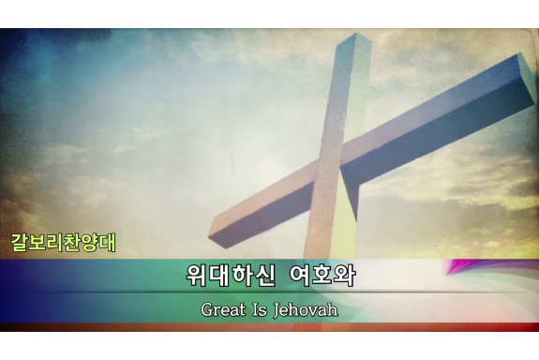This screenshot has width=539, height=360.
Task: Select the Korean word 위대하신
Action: (x=223, y=277)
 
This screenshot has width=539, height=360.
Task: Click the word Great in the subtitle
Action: (x=221, y=308)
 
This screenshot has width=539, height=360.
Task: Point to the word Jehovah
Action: (x=304, y=308)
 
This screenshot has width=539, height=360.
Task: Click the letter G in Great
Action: (x=206, y=308)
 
